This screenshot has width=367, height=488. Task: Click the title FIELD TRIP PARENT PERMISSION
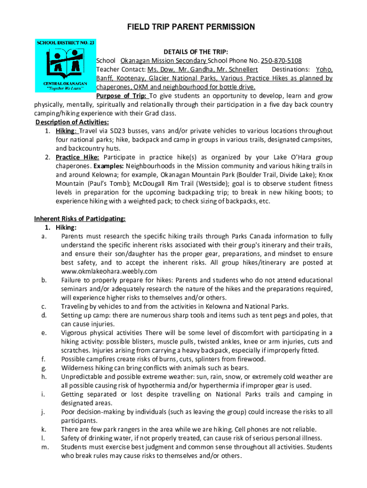point(183,27)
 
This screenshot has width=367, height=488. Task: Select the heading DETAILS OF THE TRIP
point(196,51)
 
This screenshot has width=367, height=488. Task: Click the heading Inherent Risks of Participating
point(80,219)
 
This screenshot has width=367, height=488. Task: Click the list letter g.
point(44,368)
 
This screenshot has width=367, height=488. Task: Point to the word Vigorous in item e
point(75,333)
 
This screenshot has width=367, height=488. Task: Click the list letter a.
point(44,236)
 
